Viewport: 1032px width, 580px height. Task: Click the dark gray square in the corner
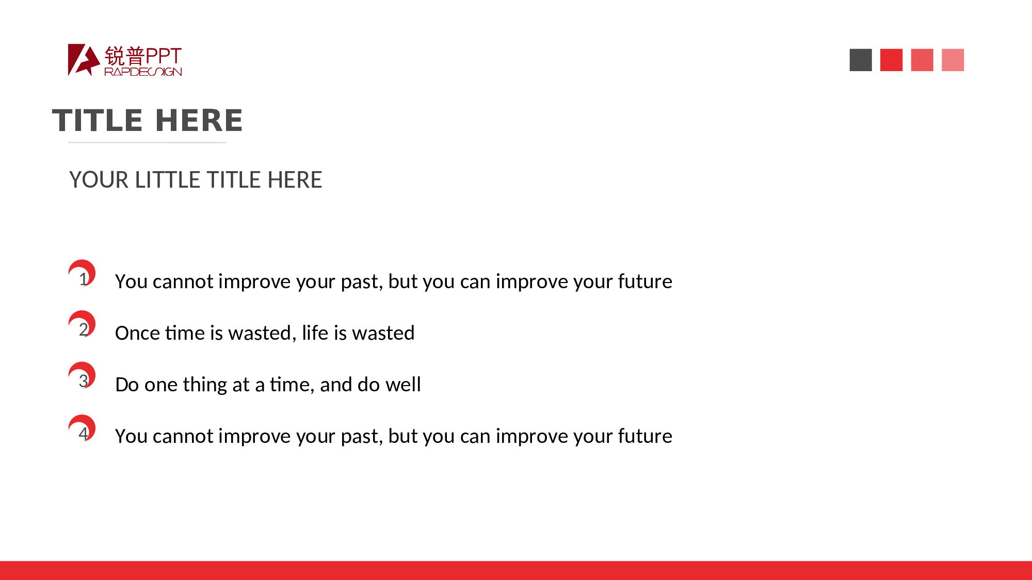861,60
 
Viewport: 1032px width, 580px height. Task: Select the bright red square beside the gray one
891,60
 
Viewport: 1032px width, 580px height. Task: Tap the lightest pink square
953,60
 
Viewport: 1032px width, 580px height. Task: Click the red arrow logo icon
84,60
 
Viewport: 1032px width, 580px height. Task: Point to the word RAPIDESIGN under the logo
143,72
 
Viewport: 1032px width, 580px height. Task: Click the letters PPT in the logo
163,56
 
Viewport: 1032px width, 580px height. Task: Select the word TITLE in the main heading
98,120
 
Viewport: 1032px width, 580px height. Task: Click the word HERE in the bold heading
199,120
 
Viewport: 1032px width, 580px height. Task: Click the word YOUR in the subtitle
99,180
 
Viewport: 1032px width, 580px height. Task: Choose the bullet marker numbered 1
82,273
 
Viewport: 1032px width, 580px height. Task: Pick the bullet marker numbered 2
82,324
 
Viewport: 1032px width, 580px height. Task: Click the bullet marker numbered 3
82,376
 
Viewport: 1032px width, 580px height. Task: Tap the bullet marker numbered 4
82,428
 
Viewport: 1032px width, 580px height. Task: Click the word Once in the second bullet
138,333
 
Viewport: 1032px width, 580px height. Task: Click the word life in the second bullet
315,333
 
